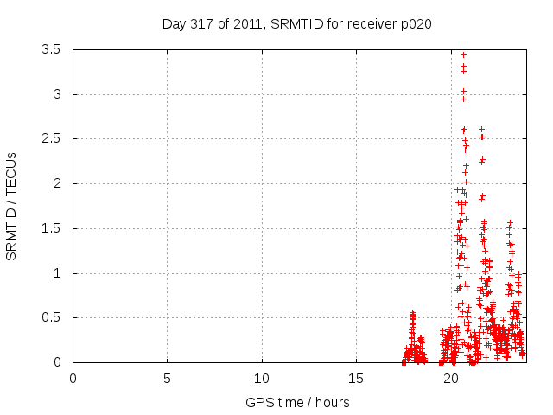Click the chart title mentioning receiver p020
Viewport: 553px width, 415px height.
coord(296,24)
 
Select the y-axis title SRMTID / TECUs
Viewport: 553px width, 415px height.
coord(12,206)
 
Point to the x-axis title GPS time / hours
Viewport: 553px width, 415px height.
coord(298,402)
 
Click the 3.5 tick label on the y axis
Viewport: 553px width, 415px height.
coord(52,49)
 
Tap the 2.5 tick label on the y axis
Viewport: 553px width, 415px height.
coord(52,138)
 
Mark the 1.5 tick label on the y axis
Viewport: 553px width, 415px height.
coord(52,228)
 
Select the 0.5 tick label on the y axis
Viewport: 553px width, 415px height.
coord(52,317)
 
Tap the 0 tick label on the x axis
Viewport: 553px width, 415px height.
coord(73,378)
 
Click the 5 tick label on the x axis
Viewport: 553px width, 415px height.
coord(167,378)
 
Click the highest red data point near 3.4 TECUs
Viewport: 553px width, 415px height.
coord(463,54)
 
